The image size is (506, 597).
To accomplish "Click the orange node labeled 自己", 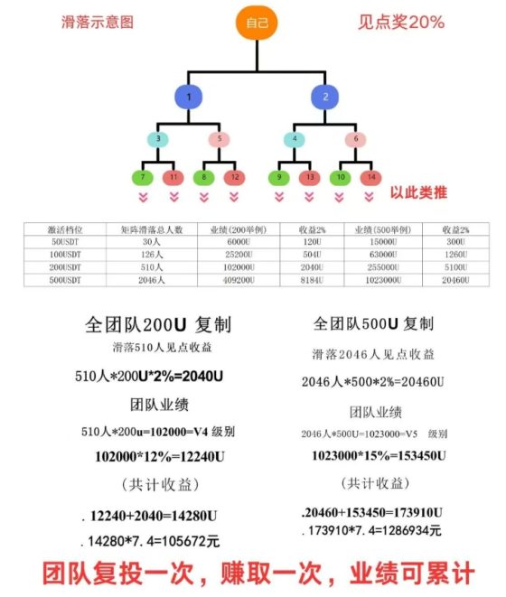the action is click(257, 23).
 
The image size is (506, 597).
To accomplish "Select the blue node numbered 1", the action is click(189, 97).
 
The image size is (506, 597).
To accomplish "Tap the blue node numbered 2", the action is click(325, 97).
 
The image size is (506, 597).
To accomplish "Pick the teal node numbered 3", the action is click(158, 139).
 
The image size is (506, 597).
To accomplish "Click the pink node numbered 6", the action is click(355, 139).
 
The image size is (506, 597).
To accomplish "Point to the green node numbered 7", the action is click(143, 177).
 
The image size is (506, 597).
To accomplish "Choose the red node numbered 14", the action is click(370, 177).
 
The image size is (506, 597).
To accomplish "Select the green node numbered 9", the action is click(279, 177).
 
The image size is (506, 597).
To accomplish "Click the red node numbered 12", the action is click(234, 177).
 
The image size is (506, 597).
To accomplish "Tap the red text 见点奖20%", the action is click(401, 22).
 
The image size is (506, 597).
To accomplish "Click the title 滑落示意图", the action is click(98, 22).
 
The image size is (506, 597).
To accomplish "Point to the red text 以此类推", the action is click(418, 192).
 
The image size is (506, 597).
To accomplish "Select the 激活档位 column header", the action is click(65, 229).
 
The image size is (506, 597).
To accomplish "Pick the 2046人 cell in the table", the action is click(152, 280).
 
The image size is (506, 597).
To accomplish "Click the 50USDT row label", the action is click(65, 242).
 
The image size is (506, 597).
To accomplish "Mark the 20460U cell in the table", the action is click(455, 280).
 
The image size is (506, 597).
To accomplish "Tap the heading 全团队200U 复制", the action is click(158, 325).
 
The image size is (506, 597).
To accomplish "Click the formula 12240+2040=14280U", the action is click(154, 517).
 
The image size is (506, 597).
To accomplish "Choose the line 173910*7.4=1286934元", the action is click(375, 530).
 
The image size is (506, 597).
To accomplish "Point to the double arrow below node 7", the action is click(144, 197).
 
